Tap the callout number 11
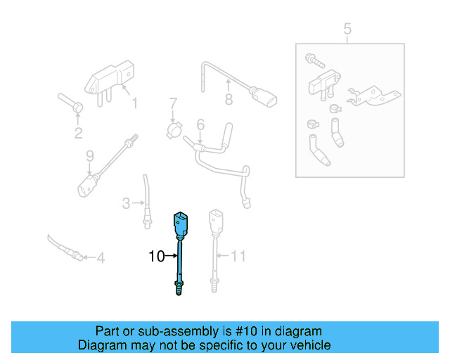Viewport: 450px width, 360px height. pos(239,257)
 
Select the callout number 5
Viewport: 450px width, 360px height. pos(347,29)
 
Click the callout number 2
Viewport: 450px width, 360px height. pos(78,133)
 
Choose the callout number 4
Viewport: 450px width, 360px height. pos(101,259)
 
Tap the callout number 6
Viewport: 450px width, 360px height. pos(200,125)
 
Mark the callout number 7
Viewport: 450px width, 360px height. pos(172,106)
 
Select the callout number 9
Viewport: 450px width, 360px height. pos(89,155)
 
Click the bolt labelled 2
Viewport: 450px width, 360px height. pos(70,103)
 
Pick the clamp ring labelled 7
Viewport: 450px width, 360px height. pos(174,130)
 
